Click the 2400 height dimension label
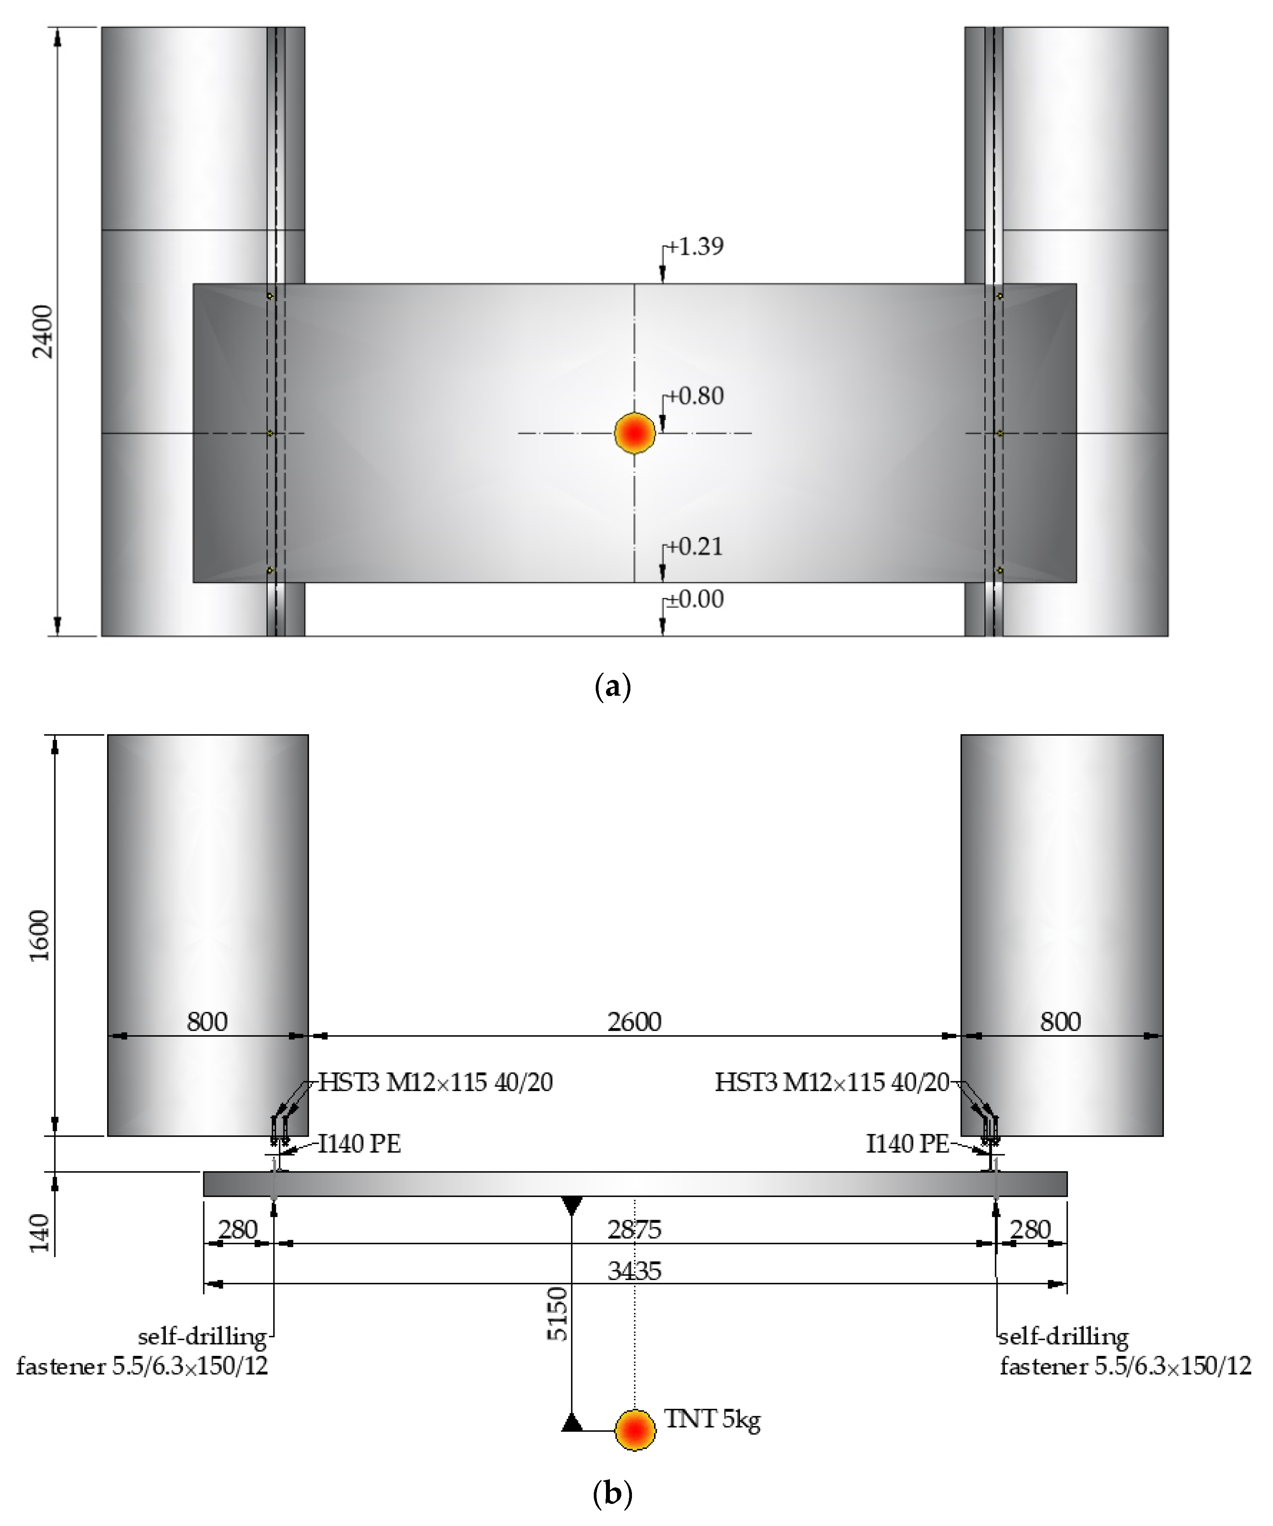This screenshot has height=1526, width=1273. point(44,331)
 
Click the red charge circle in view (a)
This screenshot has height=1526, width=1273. point(634,433)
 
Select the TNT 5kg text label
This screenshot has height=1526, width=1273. point(712,1419)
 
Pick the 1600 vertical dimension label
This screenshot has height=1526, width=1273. point(40,935)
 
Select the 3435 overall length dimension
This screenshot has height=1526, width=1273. point(634,1271)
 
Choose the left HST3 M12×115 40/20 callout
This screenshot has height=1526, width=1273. point(435,1083)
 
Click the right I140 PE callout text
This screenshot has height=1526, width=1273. point(908,1144)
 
